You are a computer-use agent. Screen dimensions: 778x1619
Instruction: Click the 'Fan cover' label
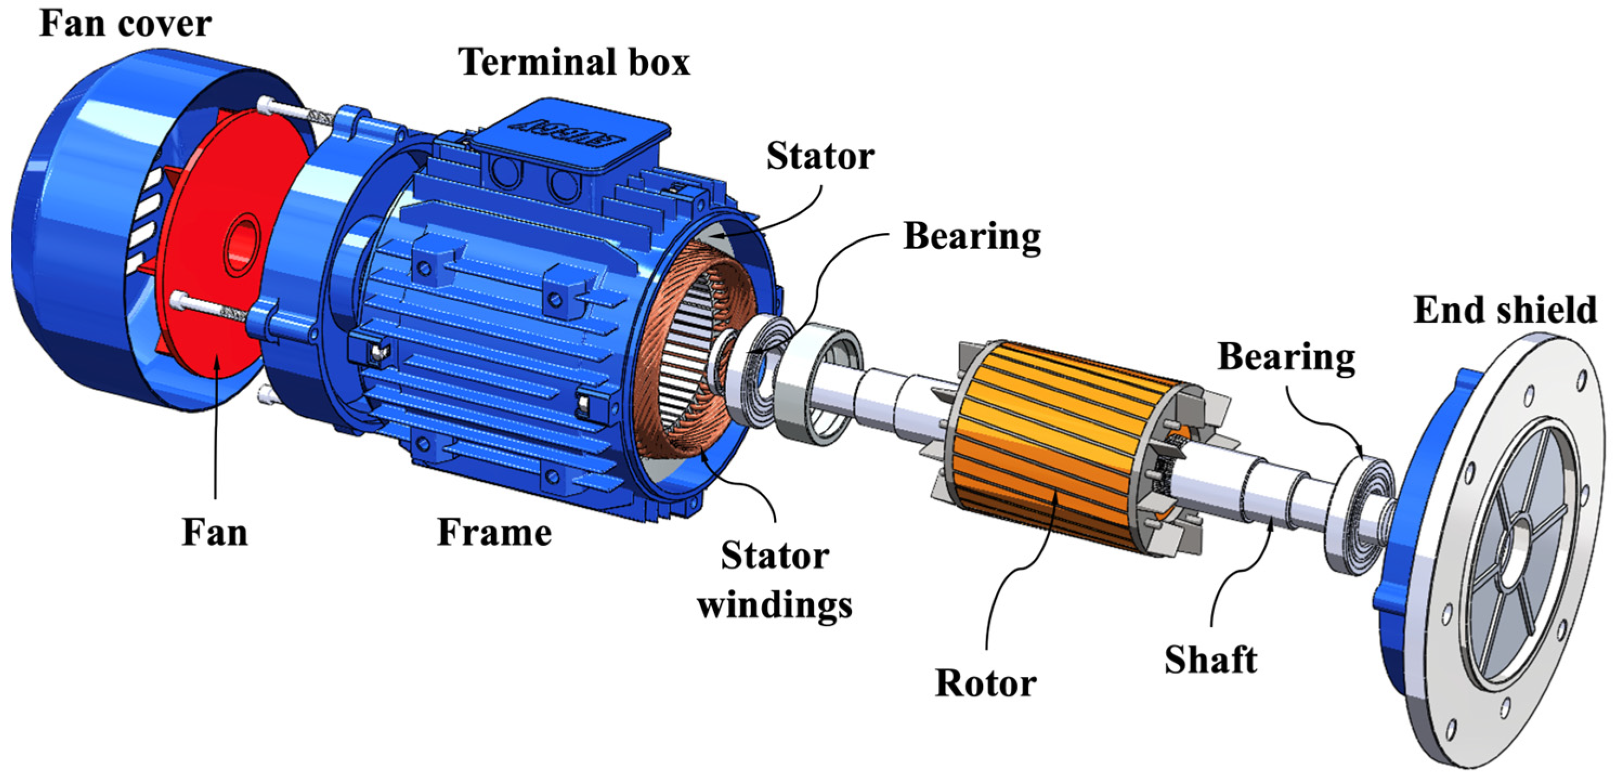point(125,24)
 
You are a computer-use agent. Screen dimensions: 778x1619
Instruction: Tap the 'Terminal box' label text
point(574,63)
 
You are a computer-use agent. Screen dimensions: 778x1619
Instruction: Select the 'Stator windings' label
point(774,580)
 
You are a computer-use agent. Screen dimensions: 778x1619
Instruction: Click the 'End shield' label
point(1505,310)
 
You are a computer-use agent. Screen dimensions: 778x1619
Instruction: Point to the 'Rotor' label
point(985,683)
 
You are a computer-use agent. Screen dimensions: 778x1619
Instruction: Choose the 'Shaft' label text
point(1211,660)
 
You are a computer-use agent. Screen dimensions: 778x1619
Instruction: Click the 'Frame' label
point(494,532)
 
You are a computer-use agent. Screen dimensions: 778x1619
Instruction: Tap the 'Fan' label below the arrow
point(214,532)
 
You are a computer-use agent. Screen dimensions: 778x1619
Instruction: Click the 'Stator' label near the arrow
point(820,156)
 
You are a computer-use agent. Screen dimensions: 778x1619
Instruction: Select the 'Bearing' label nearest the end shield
point(1286,357)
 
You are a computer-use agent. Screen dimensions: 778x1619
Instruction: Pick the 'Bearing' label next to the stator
point(971,237)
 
